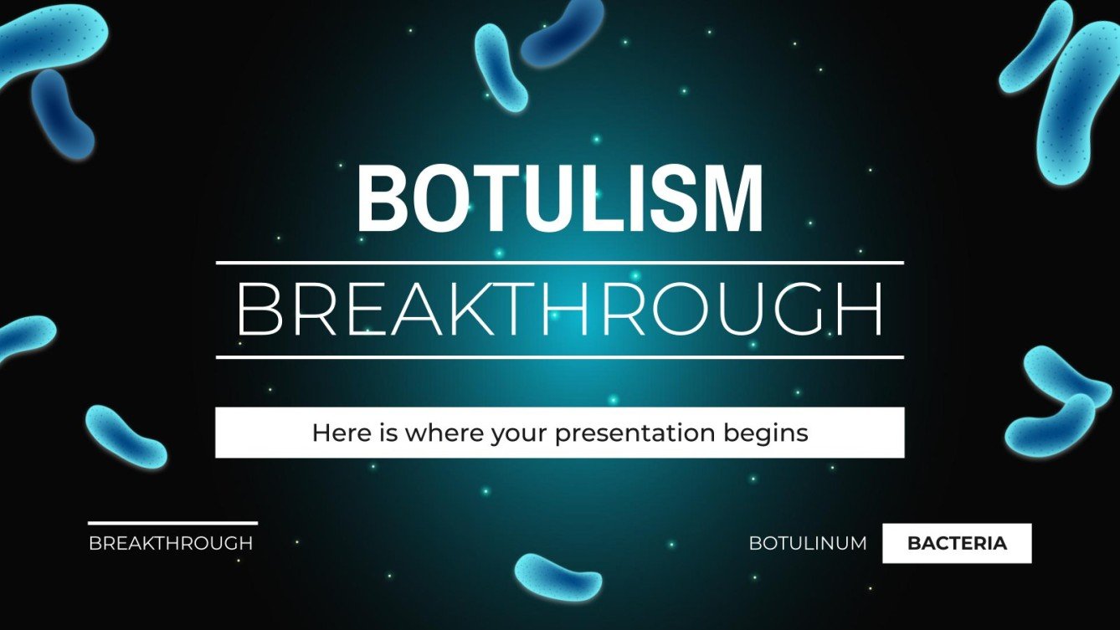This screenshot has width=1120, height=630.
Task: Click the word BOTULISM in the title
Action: [x=559, y=200]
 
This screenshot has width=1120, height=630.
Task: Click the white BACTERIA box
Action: [x=957, y=543]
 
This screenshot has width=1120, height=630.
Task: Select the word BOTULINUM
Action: [x=808, y=543]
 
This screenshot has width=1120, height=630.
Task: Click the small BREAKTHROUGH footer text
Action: [x=171, y=543]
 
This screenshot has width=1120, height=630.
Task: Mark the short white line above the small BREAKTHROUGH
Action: [x=172, y=524]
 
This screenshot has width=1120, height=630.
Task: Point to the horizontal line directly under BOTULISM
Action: [x=559, y=263]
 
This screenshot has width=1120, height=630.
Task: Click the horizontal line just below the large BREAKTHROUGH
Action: [x=559, y=357]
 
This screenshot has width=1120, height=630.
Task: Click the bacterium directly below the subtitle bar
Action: [x=557, y=576]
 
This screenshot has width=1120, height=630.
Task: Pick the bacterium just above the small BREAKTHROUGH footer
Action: [x=126, y=436]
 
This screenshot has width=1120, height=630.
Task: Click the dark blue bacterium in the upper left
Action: [x=62, y=112]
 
